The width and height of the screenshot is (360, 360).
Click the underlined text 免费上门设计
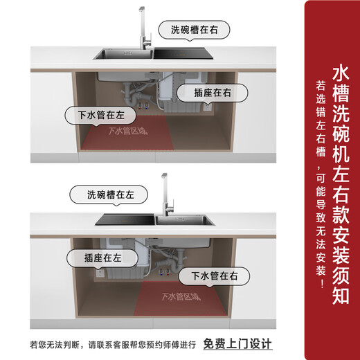pyautogui.click(x=237, y=343)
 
